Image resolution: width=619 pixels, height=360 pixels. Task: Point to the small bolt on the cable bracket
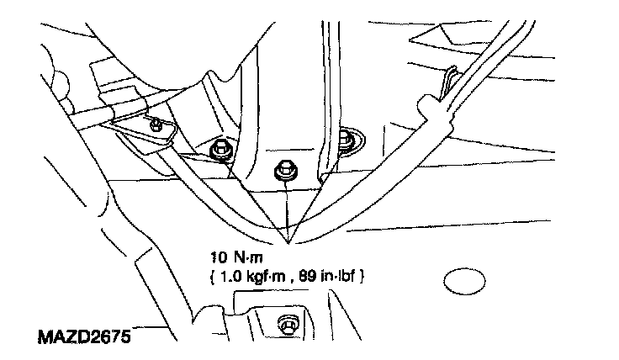(157, 124)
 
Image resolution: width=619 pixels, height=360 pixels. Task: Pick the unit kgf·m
(267, 274)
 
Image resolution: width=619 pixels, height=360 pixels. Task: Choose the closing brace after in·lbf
(363, 274)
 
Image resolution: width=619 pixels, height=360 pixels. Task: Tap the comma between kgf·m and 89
(291, 278)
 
